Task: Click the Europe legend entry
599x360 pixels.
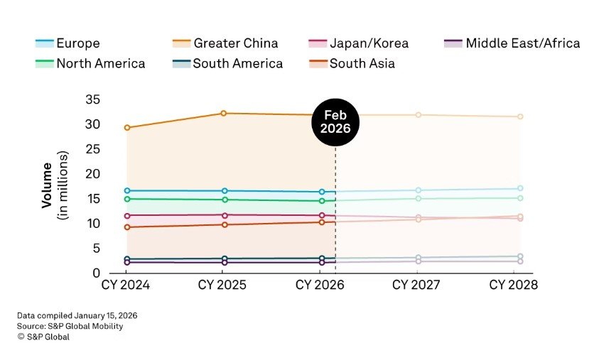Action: [x=68, y=43]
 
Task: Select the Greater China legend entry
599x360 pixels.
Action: [x=225, y=43]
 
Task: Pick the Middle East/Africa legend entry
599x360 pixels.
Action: [x=512, y=43]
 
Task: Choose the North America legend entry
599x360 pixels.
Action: [x=90, y=64]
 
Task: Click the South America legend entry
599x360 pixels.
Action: [x=227, y=64]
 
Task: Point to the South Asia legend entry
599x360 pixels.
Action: [x=352, y=64]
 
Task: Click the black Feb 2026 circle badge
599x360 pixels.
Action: [x=335, y=123]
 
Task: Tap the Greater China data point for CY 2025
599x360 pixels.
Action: [x=224, y=113]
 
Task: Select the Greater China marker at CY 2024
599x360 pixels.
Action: [x=126, y=128]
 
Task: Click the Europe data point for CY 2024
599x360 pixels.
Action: [x=126, y=191]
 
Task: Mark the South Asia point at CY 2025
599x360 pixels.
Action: [x=224, y=224]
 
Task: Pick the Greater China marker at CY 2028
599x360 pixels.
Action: [x=520, y=116]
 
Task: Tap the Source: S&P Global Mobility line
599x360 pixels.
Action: [x=70, y=326]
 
